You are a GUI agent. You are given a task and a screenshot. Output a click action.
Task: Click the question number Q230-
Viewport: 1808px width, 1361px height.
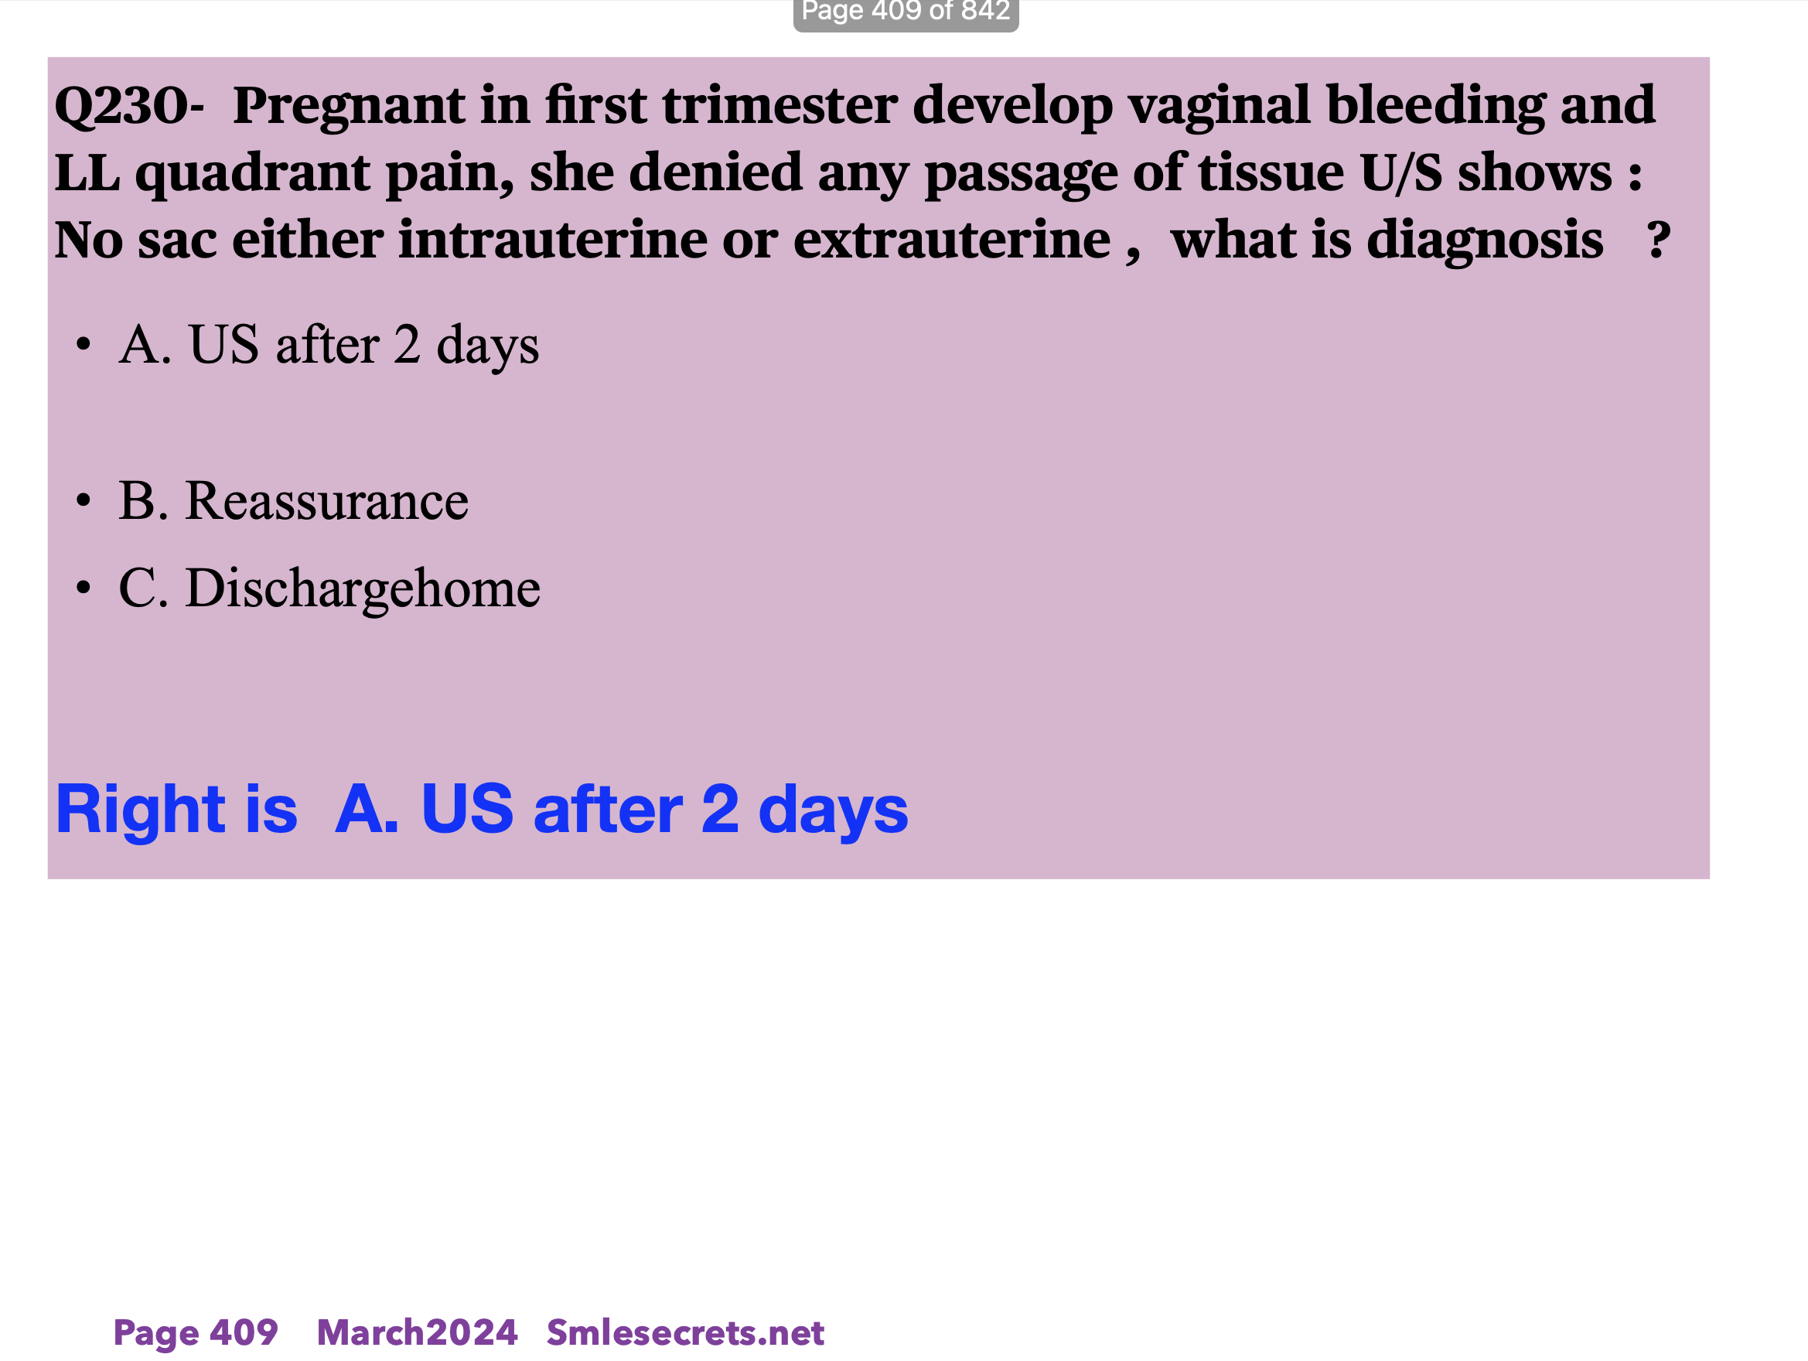point(129,106)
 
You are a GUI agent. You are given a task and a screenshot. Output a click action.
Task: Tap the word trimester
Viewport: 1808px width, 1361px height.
point(779,106)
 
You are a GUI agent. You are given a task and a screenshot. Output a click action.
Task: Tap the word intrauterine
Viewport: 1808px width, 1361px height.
point(553,240)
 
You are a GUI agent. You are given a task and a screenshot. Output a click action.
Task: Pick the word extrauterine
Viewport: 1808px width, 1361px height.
point(951,240)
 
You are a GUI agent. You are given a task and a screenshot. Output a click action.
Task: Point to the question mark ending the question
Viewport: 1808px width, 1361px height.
point(1659,240)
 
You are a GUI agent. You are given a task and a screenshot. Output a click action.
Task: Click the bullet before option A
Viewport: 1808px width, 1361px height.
point(83,345)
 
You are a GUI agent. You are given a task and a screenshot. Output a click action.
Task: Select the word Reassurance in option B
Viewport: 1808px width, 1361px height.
point(327,501)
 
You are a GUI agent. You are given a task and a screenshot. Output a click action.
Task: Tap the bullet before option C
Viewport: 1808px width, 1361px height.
point(83,587)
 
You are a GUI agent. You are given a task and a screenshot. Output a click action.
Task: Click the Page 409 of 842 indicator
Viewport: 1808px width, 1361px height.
point(906,12)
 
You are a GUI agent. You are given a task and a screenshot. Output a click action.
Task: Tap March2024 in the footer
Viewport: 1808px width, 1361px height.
point(417,1333)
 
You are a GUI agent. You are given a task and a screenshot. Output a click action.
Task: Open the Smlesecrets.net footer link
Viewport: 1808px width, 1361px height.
point(685,1333)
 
